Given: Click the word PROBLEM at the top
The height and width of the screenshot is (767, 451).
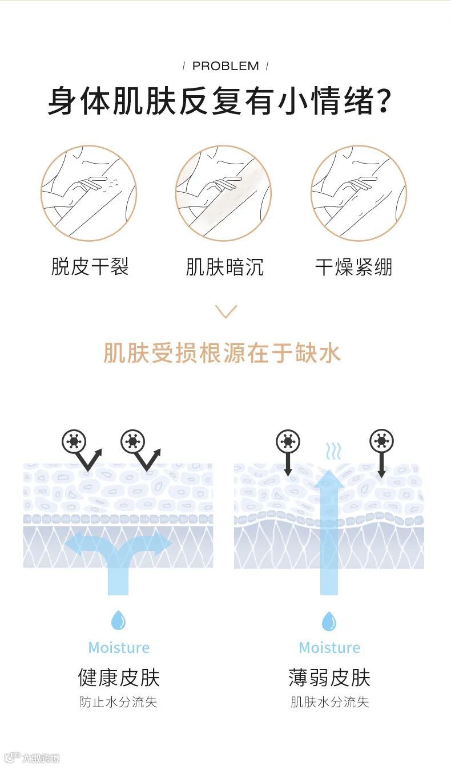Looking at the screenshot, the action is pyautogui.click(x=226, y=66).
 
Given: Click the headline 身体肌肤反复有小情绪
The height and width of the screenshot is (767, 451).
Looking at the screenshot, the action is pyautogui.click(x=219, y=101).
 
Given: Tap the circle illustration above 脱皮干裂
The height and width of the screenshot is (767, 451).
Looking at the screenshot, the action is pyautogui.click(x=88, y=193).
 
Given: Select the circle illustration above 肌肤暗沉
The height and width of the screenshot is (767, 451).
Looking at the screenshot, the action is pyautogui.click(x=223, y=193).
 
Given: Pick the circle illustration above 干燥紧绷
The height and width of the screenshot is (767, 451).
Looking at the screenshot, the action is pyautogui.click(x=359, y=193).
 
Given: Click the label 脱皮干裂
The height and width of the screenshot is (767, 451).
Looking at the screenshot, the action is pyautogui.click(x=90, y=266).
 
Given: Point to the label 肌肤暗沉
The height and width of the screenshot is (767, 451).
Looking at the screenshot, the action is pyautogui.click(x=224, y=266).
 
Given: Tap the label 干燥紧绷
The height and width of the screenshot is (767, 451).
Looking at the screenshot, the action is pyautogui.click(x=353, y=266).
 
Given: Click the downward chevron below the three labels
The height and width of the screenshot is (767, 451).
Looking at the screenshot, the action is pyautogui.click(x=226, y=311).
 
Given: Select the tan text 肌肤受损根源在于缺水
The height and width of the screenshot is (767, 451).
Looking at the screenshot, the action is pyautogui.click(x=222, y=353).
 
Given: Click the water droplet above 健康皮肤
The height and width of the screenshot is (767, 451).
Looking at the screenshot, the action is pyautogui.click(x=119, y=620).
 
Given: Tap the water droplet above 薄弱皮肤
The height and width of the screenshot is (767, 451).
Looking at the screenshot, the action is pyautogui.click(x=329, y=621).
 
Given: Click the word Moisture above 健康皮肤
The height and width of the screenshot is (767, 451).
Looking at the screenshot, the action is pyautogui.click(x=119, y=648).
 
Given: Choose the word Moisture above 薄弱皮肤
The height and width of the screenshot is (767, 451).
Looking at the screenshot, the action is pyautogui.click(x=329, y=648).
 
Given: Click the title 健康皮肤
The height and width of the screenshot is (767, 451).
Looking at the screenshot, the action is pyautogui.click(x=119, y=677).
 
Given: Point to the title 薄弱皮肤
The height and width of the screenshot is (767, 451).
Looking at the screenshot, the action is pyautogui.click(x=329, y=677).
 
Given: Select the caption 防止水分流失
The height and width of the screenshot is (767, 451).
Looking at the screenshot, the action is pyautogui.click(x=118, y=702).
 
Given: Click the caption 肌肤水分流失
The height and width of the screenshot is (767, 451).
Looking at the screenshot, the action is pyautogui.click(x=329, y=702).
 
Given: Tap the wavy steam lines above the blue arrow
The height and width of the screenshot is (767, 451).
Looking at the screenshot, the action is pyautogui.click(x=333, y=452).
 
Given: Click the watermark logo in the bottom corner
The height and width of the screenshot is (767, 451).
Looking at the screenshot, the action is pyautogui.click(x=31, y=758).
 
